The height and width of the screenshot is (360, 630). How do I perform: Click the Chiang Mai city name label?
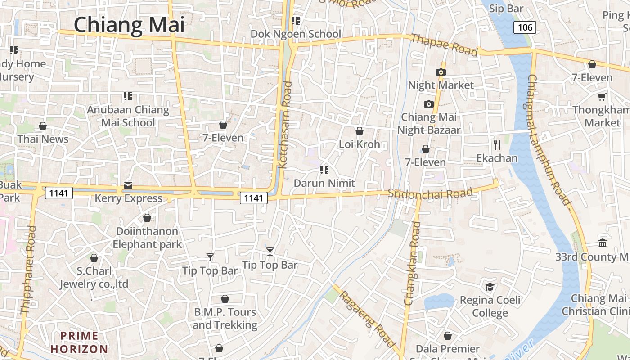point(129,25)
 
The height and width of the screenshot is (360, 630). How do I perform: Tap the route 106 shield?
point(525,27)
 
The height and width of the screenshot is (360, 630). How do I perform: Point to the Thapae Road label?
point(444,45)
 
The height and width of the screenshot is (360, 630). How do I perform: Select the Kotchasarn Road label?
point(284,125)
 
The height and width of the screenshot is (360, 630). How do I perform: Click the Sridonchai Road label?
point(431,193)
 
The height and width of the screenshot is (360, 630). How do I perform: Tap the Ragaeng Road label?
point(367,319)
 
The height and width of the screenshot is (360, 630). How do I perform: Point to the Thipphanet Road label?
point(28,270)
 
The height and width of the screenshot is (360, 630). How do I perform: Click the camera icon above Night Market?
point(441,72)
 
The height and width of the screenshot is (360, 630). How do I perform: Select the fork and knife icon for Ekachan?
point(497,144)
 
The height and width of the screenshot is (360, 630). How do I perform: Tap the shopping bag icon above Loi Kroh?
point(360,131)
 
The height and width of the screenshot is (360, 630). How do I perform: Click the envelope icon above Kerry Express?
point(128,185)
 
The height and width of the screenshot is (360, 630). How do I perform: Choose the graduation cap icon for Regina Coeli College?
point(490,287)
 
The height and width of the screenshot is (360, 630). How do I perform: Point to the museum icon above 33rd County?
point(603,243)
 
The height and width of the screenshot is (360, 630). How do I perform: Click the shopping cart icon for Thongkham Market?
point(602,97)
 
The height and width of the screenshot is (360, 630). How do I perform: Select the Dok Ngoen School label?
point(296,34)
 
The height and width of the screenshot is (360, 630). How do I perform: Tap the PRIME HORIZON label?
point(79,342)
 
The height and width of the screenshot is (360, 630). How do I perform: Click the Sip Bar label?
point(506,9)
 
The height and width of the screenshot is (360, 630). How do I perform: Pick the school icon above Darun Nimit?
point(324,170)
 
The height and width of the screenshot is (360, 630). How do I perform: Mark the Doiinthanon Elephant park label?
point(147,238)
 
